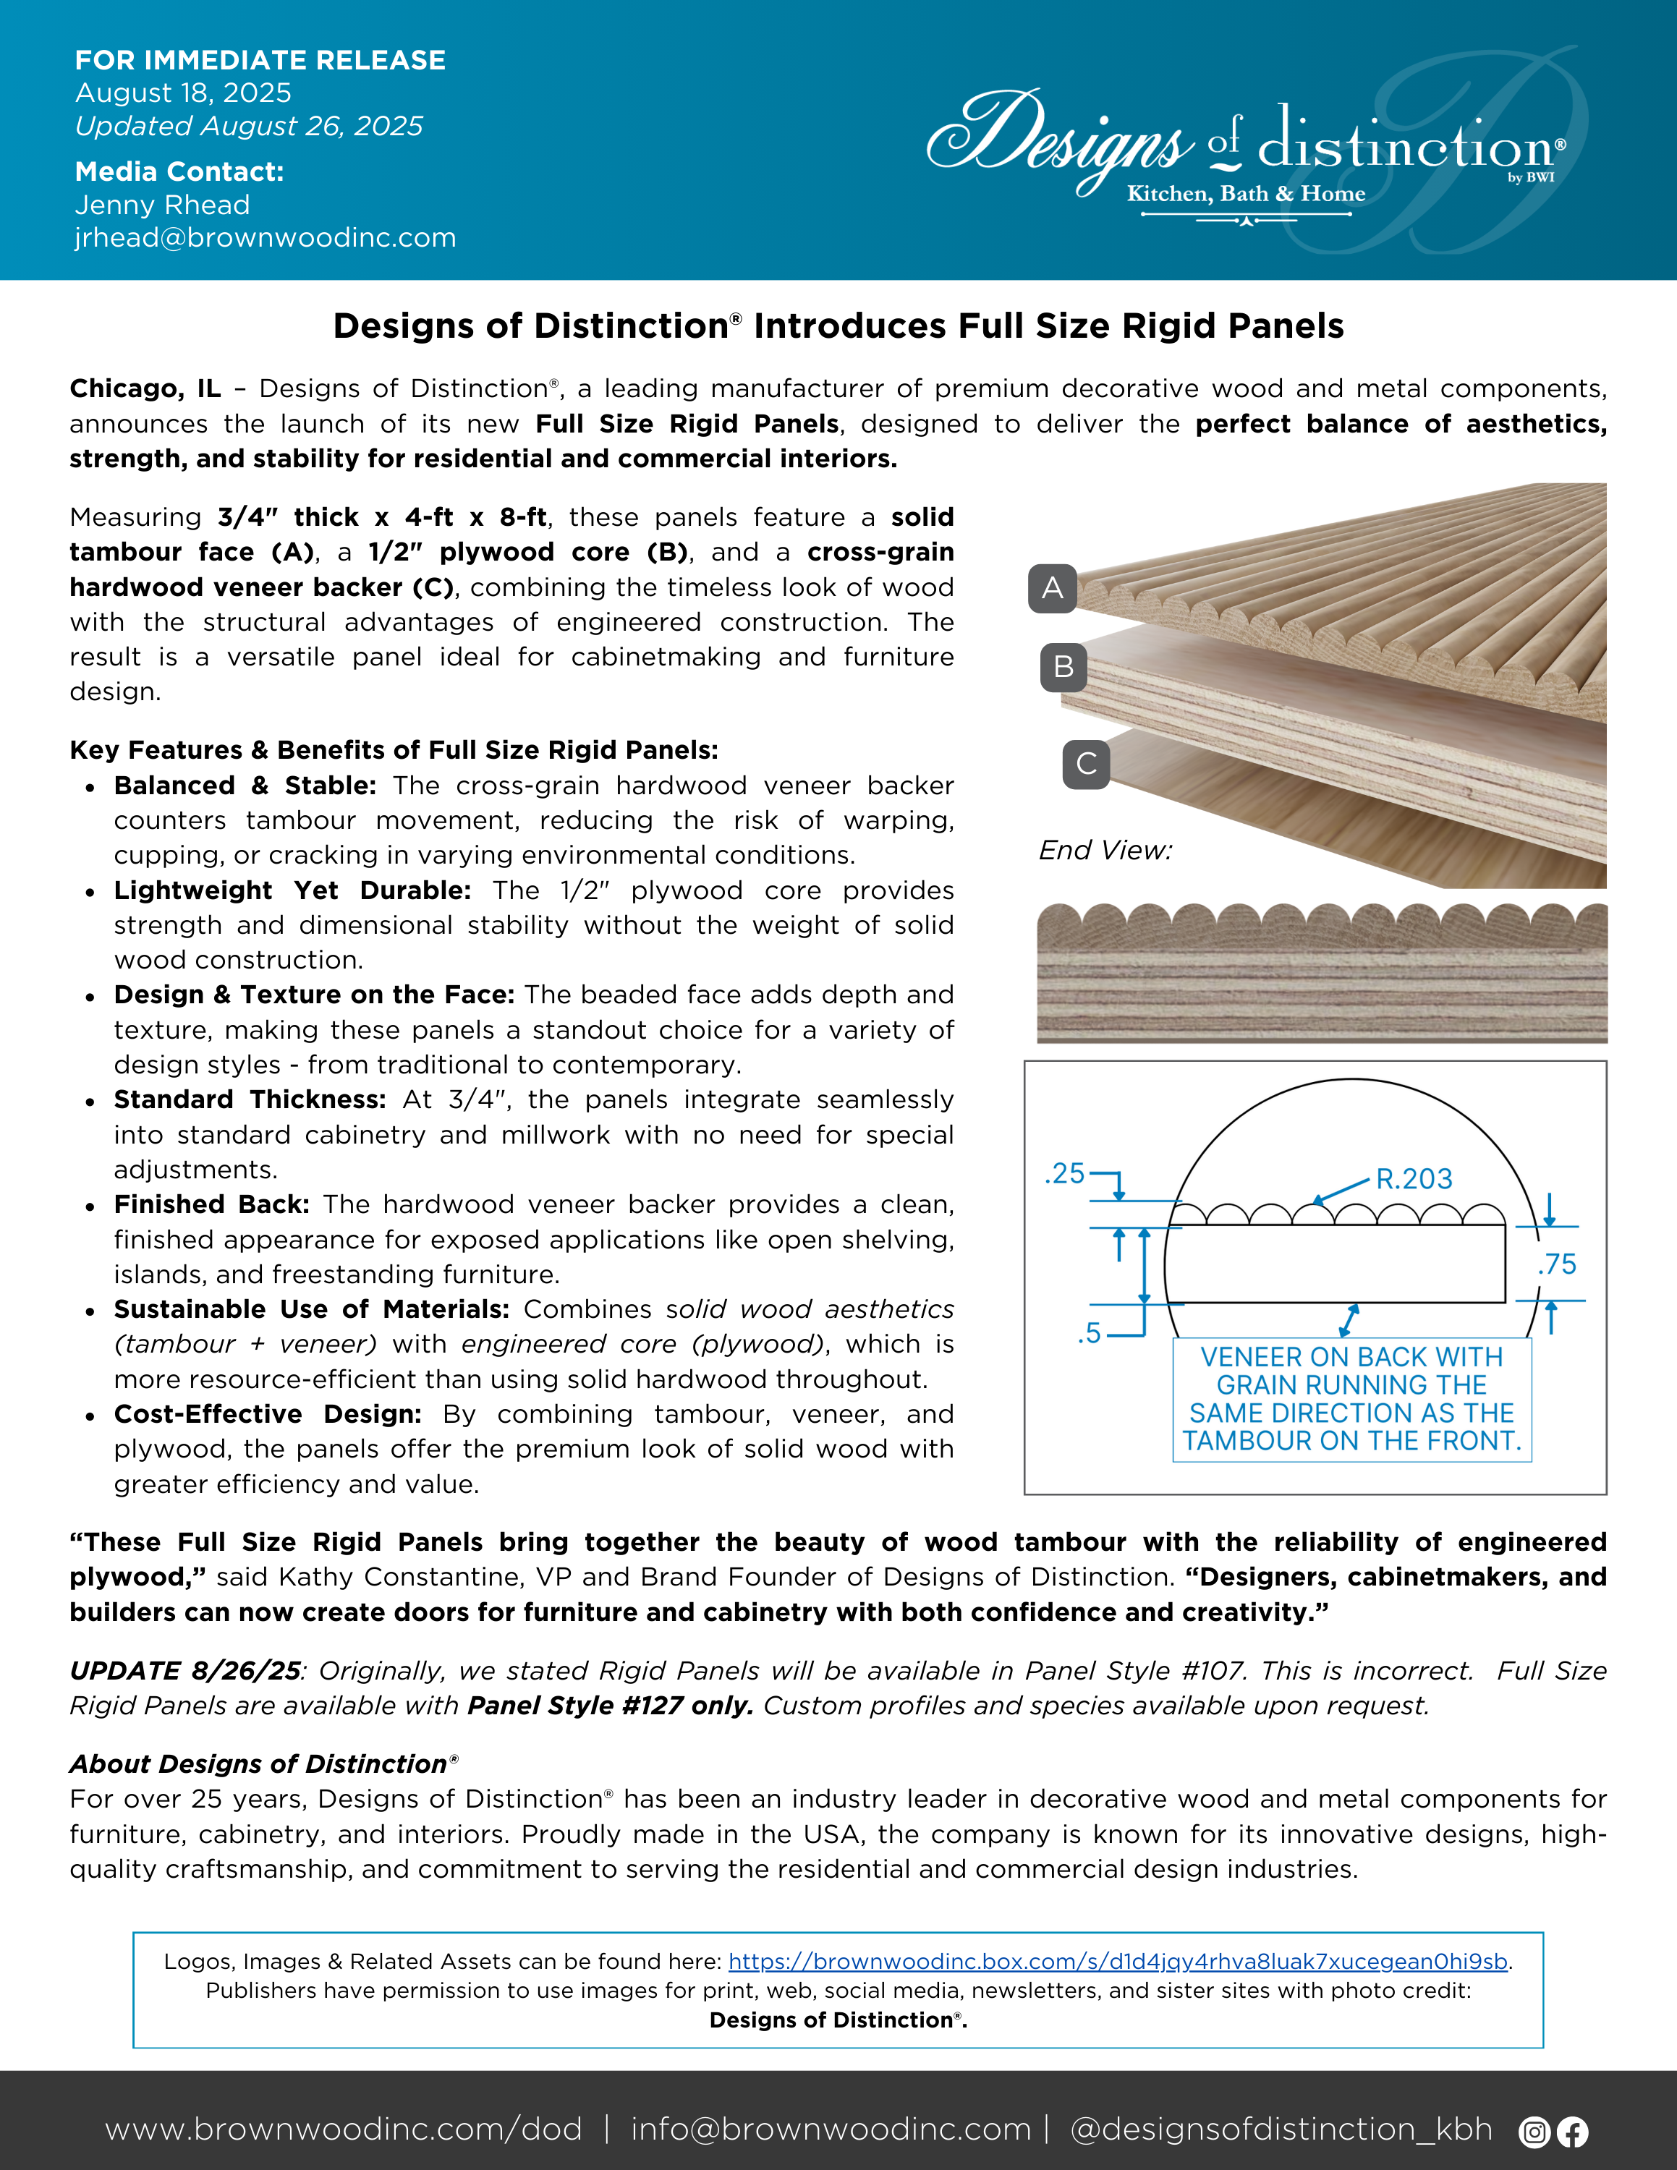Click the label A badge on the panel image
[1052, 588]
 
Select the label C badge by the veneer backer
[1086, 764]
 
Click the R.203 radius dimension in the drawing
[1414, 1179]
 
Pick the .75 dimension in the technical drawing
[1557, 1265]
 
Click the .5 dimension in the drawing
[1090, 1333]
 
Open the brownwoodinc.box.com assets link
[1118, 1962]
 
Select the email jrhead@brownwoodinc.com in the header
[266, 239]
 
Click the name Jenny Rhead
[162, 205]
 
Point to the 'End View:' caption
[1105, 851]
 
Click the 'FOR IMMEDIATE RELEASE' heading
[260, 61]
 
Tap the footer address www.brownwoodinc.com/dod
[343, 2130]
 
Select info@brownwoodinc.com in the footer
[831, 2130]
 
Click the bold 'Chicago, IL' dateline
[145, 388]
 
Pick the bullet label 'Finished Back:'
[211, 1204]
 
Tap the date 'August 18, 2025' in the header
[183, 93]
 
